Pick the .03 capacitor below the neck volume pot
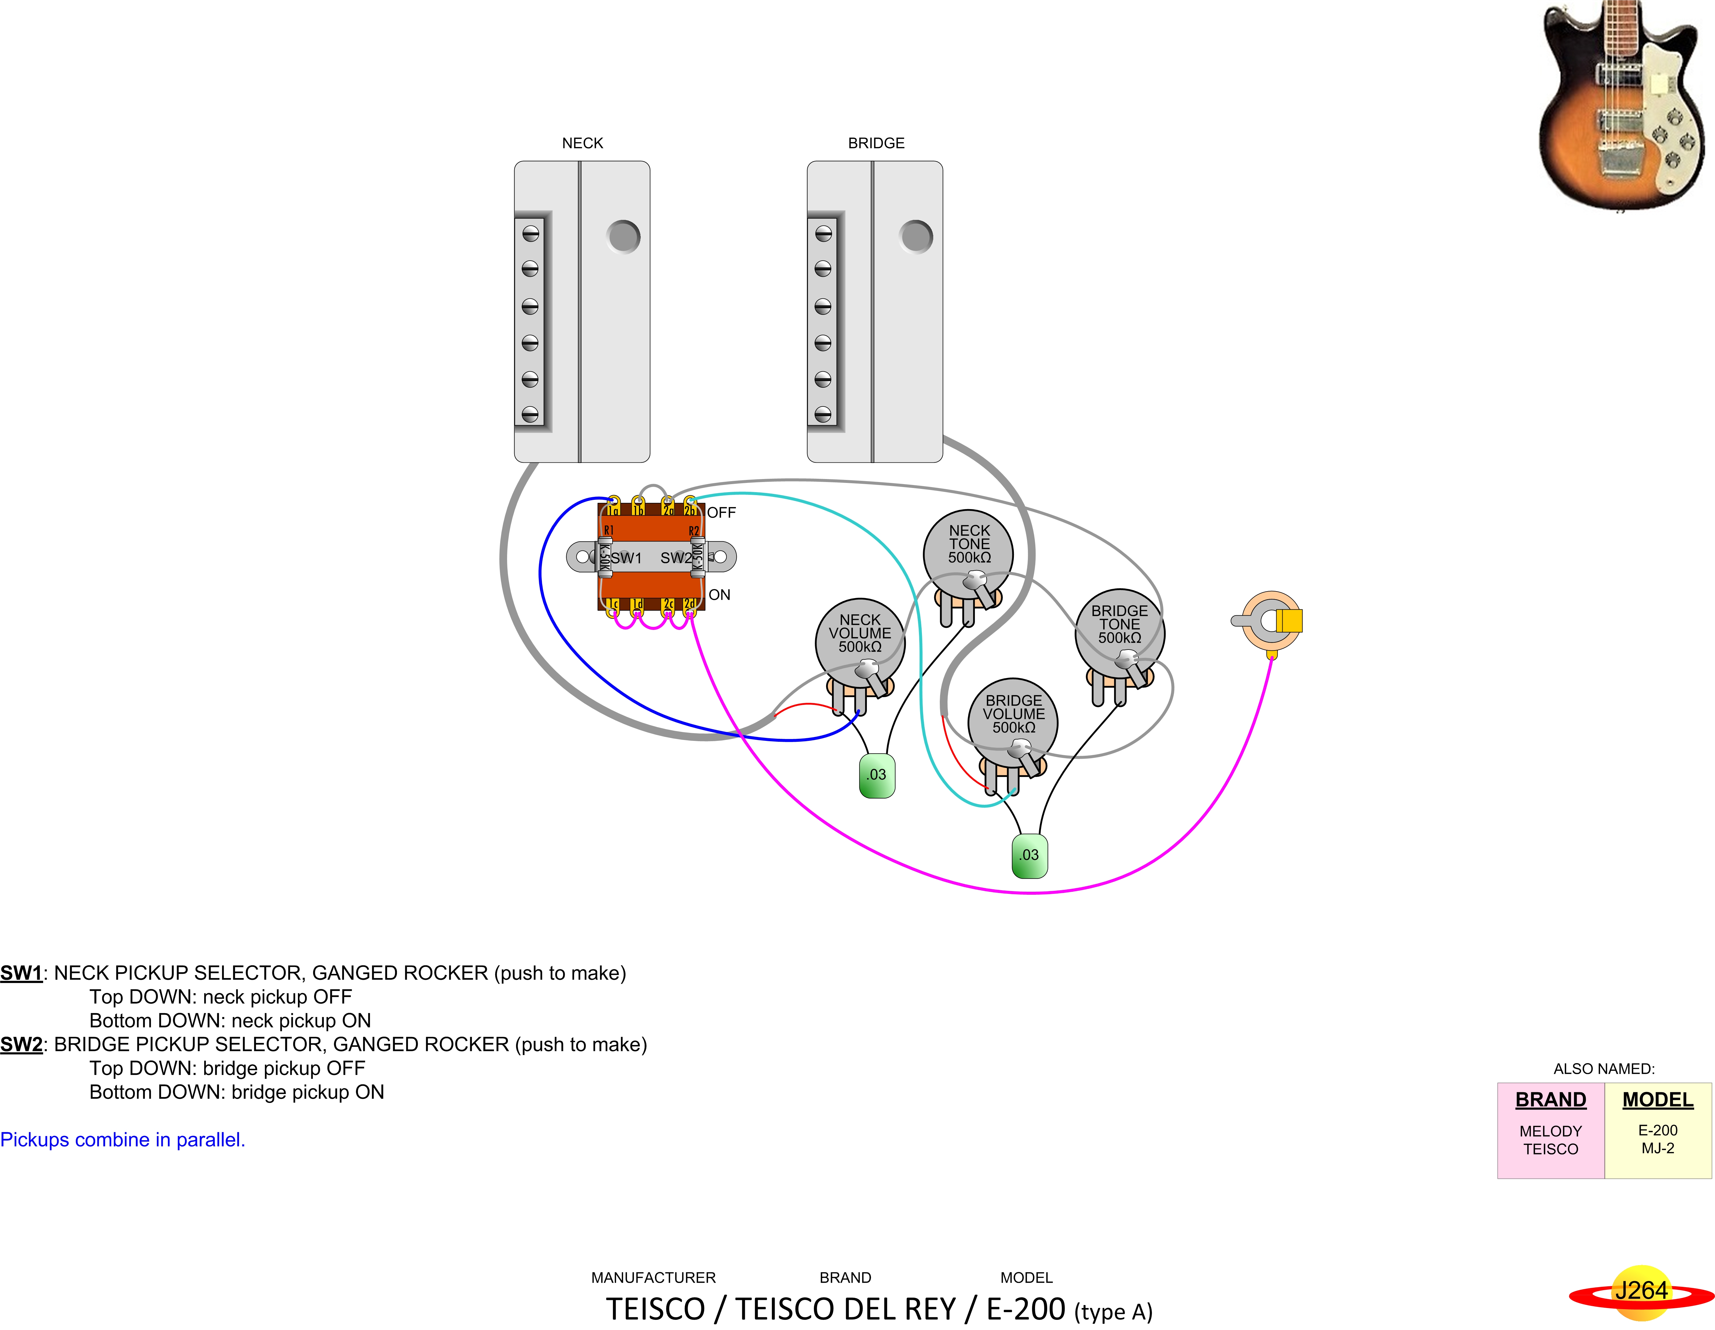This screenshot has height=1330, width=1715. point(877,775)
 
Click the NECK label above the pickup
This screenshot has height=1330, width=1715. point(583,143)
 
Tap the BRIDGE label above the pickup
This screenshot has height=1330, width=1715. point(876,143)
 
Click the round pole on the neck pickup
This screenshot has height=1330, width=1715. point(623,236)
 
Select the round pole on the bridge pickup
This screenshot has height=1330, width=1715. point(916,236)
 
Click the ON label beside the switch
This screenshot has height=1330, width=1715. point(719,595)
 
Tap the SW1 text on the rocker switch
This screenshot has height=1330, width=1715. point(627,558)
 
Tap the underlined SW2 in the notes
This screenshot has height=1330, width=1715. point(21,1045)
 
